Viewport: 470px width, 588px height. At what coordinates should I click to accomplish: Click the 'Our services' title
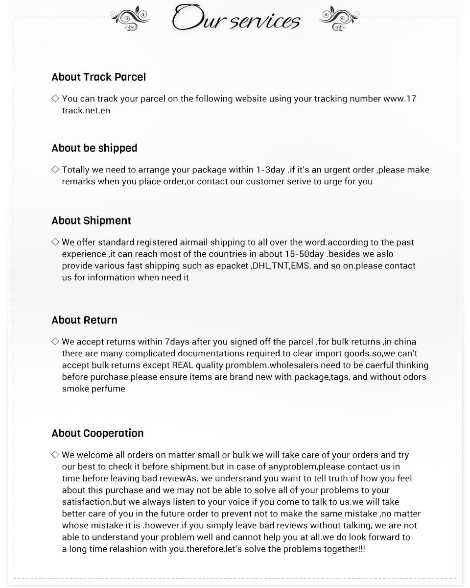pos(235,19)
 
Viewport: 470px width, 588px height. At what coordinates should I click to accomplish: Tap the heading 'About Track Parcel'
pos(98,77)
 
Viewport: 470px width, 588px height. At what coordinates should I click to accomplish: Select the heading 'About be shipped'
pos(94,148)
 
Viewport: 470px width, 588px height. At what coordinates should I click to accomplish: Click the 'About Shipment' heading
pos(91,220)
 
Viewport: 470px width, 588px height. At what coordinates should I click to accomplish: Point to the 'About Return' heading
pos(84,320)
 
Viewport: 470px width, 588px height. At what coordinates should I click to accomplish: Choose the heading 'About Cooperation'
pos(97,433)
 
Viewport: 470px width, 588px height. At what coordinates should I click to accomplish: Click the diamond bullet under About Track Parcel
pos(55,98)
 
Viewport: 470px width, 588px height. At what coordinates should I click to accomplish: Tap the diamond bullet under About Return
pos(55,342)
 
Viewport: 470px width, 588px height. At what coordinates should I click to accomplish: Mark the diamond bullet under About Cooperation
pos(55,455)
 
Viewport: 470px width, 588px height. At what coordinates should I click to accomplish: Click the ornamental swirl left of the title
pos(130,19)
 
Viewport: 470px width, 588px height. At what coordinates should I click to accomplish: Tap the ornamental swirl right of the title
pos(339,19)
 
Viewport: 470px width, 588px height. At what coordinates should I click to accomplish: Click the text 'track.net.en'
pos(86,110)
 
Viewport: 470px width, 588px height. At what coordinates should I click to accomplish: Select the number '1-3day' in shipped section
pos(270,170)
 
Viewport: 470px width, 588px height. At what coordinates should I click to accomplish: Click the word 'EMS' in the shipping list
pos(300,266)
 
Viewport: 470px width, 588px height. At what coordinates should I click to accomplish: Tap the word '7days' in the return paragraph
pos(177,342)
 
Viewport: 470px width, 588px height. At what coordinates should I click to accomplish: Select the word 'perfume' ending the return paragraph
pos(108,389)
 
